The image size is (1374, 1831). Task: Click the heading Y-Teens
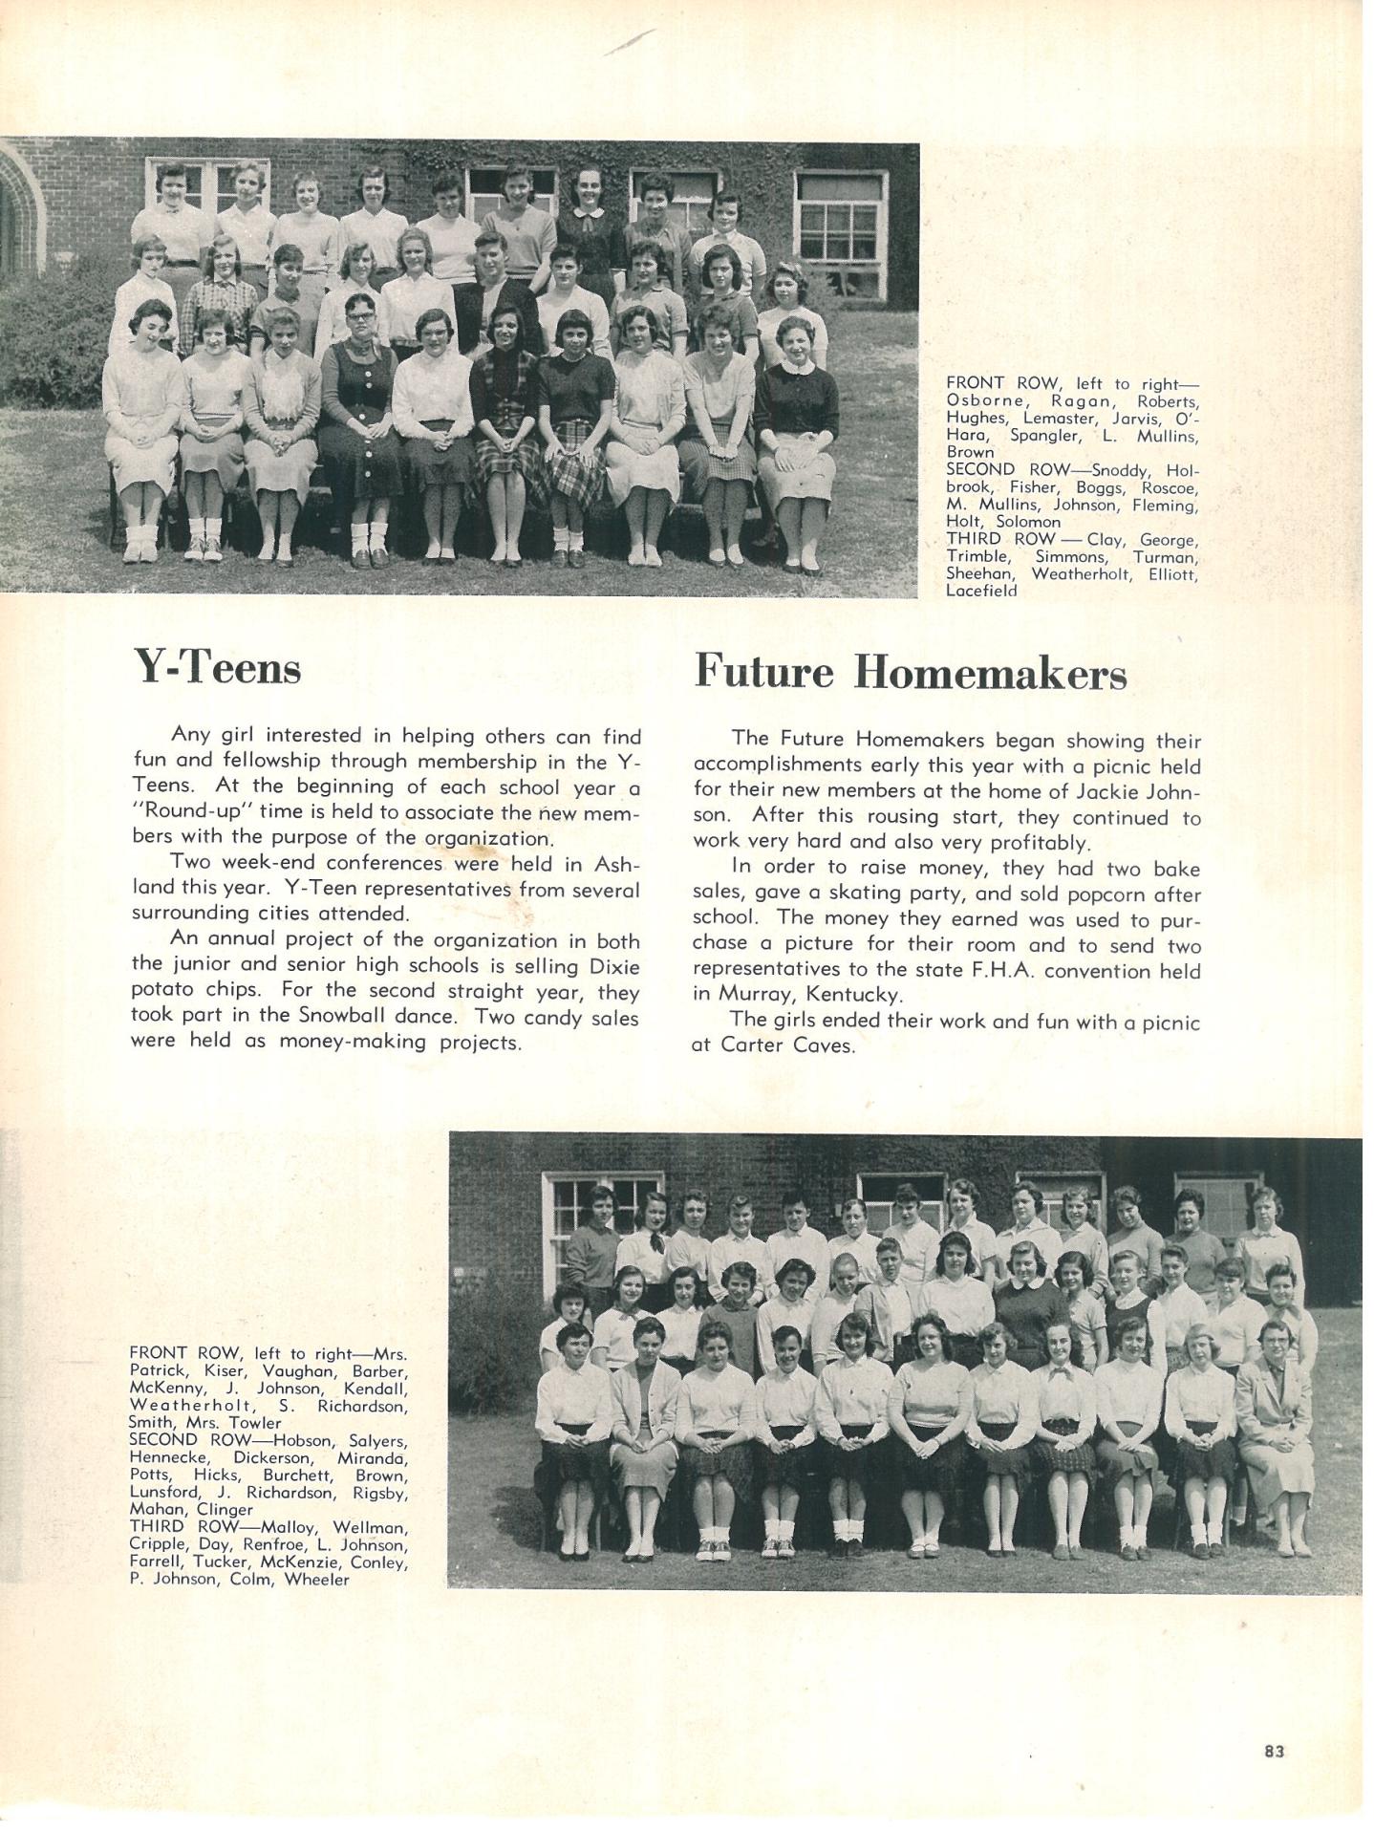point(217,667)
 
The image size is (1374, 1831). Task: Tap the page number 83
point(1273,1752)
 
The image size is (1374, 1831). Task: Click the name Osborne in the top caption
point(984,400)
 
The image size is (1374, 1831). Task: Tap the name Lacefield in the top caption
point(981,591)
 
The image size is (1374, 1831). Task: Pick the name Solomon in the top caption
point(1028,522)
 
